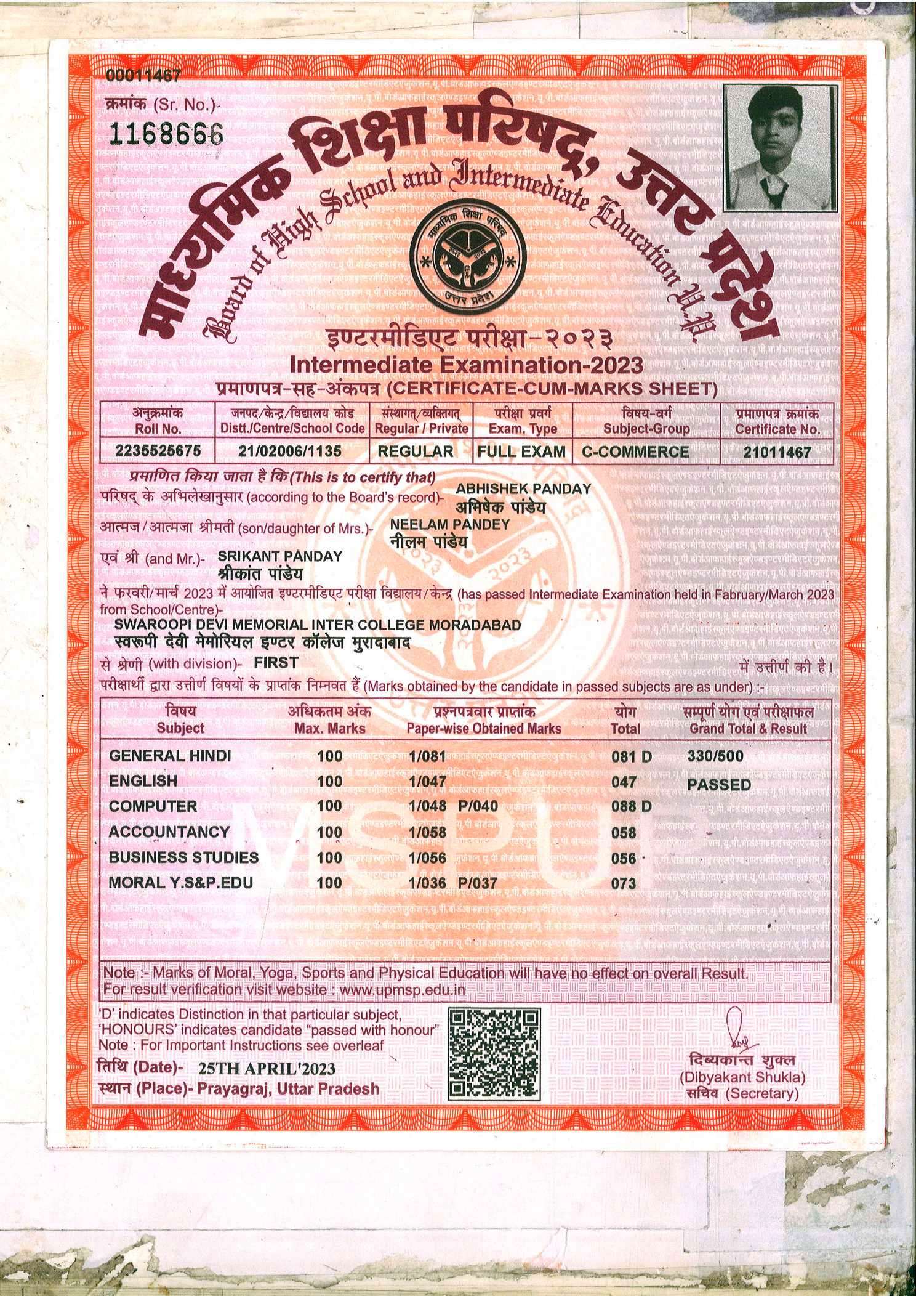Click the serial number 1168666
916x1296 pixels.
click(x=164, y=131)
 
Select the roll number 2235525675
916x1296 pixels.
click(x=159, y=451)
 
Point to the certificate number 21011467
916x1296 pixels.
click(x=777, y=452)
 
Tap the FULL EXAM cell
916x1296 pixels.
click(x=521, y=452)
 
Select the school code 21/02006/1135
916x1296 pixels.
click(x=289, y=452)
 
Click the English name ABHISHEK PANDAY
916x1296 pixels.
click(x=523, y=488)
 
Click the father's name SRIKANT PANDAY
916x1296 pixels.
click(x=280, y=556)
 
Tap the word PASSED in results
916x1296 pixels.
click(x=719, y=785)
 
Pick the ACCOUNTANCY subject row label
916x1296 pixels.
click(x=169, y=832)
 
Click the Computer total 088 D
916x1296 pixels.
click(x=631, y=806)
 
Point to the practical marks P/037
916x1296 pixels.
click(x=478, y=883)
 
